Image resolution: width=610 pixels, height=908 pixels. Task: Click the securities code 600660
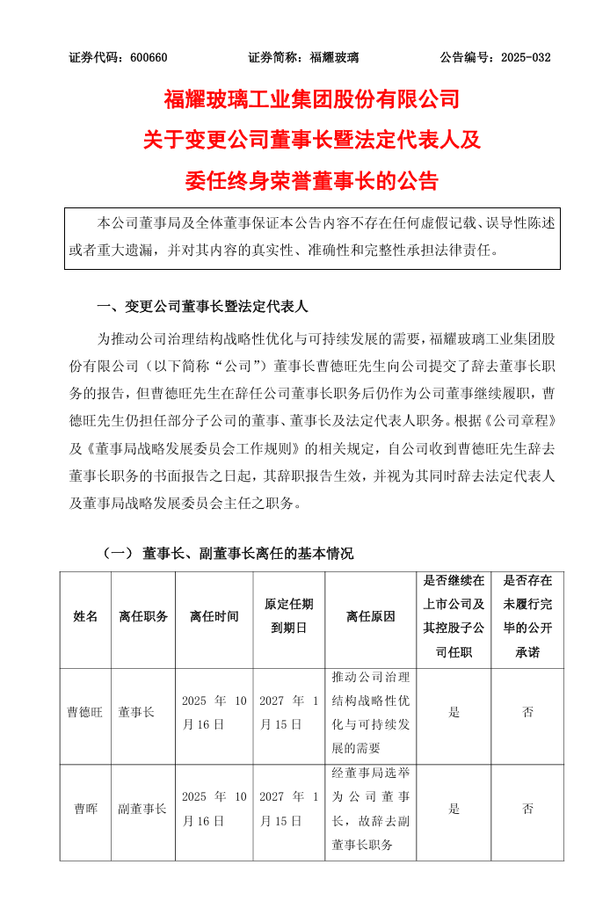click(149, 58)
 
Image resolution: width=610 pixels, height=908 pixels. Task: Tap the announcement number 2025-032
click(526, 58)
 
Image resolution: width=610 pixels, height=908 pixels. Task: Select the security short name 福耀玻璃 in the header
click(335, 58)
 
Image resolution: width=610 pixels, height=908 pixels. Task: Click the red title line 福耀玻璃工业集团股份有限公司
click(312, 98)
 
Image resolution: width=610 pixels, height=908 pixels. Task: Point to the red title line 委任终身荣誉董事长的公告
click(312, 181)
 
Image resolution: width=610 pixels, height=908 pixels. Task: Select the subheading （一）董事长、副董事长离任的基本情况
click(228, 554)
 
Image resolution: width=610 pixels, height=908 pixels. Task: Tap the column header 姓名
click(86, 616)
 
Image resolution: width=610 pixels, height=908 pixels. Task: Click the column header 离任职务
click(143, 616)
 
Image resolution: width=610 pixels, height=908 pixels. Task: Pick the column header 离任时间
click(214, 616)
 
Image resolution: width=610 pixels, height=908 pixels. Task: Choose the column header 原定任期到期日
click(289, 616)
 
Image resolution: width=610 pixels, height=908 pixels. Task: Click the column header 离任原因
click(371, 616)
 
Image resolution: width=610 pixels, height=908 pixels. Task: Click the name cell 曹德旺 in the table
click(86, 712)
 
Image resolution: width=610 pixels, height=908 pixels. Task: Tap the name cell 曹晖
click(86, 809)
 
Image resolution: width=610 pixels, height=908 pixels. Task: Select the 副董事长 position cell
click(143, 809)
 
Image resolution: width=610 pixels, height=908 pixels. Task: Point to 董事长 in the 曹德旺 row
click(137, 712)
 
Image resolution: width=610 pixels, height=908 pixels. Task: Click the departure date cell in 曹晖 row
click(214, 809)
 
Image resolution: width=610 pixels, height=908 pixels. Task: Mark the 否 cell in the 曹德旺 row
click(527, 712)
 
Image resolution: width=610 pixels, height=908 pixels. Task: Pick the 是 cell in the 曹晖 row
click(454, 809)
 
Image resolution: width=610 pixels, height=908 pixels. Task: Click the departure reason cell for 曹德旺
click(372, 712)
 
